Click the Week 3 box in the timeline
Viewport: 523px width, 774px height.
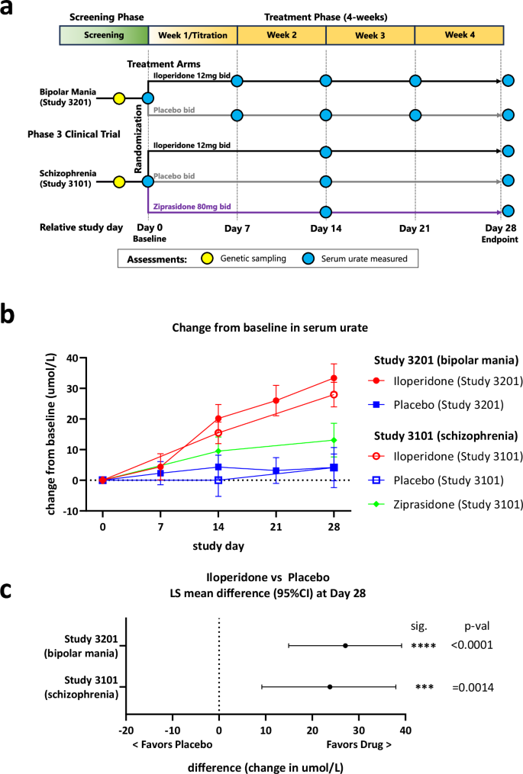pos(370,35)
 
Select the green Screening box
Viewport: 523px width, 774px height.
pos(105,35)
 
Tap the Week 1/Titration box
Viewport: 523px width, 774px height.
pos(192,35)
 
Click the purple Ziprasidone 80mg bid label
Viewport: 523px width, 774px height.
pos(192,207)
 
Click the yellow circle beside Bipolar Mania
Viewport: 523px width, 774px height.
pos(119,98)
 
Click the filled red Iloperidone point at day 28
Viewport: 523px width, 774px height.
pos(334,378)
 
